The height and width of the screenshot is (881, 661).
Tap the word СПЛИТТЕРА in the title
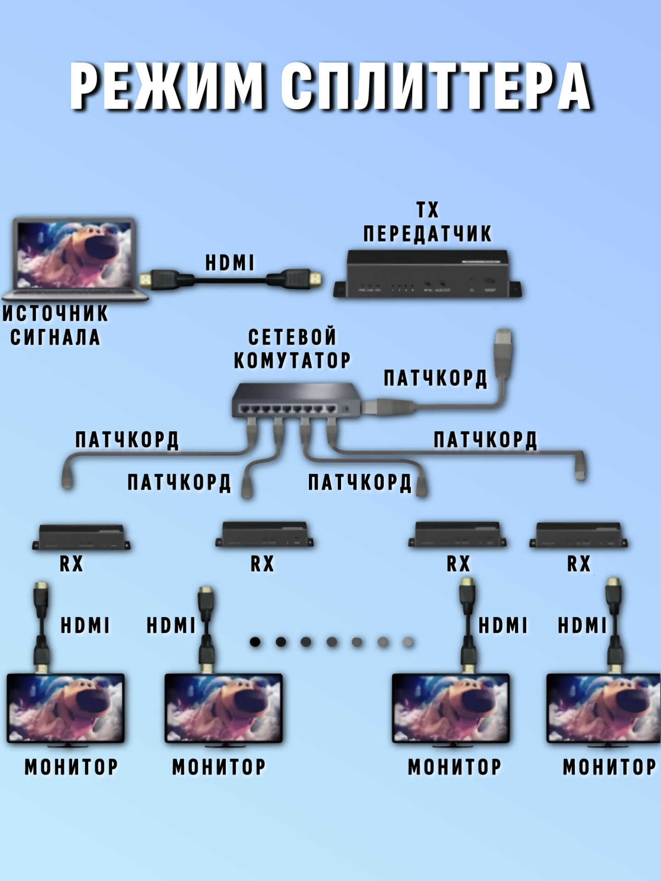click(x=436, y=86)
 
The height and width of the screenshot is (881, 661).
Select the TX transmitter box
click(x=427, y=274)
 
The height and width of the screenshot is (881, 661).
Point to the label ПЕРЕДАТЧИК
click(x=427, y=234)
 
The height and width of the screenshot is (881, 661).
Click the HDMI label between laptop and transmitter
click(x=230, y=263)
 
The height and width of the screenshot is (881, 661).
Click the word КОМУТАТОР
click(x=292, y=361)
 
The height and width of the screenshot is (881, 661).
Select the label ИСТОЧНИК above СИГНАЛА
click(x=55, y=313)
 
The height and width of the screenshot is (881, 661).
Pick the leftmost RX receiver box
click(x=81, y=537)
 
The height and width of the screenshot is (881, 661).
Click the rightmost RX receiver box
click(x=578, y=535)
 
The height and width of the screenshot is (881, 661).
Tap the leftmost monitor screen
click(x=66, y=708)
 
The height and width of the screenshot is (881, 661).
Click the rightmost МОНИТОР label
click(x=610, y=767)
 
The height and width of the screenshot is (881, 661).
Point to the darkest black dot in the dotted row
click(x=255, y=641)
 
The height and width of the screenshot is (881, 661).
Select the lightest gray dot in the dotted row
click(x=408, y=641)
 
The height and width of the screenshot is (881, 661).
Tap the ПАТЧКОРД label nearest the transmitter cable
click(x=435, y=378)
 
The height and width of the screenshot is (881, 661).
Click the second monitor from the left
click(x=224, y=708)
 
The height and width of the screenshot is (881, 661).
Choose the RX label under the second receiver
click(x=262, y=564)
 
